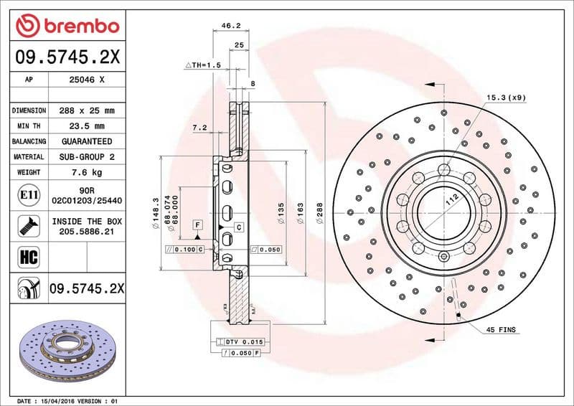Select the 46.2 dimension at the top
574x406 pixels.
pyautogui.click(x=230, y=25)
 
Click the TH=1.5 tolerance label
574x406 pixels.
pyautogui.click(x=202, y=65)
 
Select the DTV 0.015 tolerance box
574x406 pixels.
pyautogui.click(x=245, y=342)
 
